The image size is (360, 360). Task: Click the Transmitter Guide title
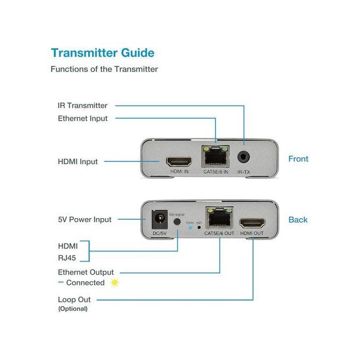(102, 52)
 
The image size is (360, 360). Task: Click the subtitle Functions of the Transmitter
(104, 69)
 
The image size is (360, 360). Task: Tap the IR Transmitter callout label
(82, 105)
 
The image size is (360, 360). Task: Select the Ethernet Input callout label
(83, 119)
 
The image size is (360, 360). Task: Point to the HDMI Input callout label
(78, 161)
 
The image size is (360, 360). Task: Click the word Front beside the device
(298, 159)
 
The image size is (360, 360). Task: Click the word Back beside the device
(298, 220)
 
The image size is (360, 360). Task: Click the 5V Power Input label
(85, 220)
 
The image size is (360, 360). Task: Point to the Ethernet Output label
(86, 272)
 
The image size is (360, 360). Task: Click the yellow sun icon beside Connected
(114, 283)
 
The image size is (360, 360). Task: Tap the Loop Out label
(74, 300)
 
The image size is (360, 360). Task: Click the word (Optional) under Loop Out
(73, 309)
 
